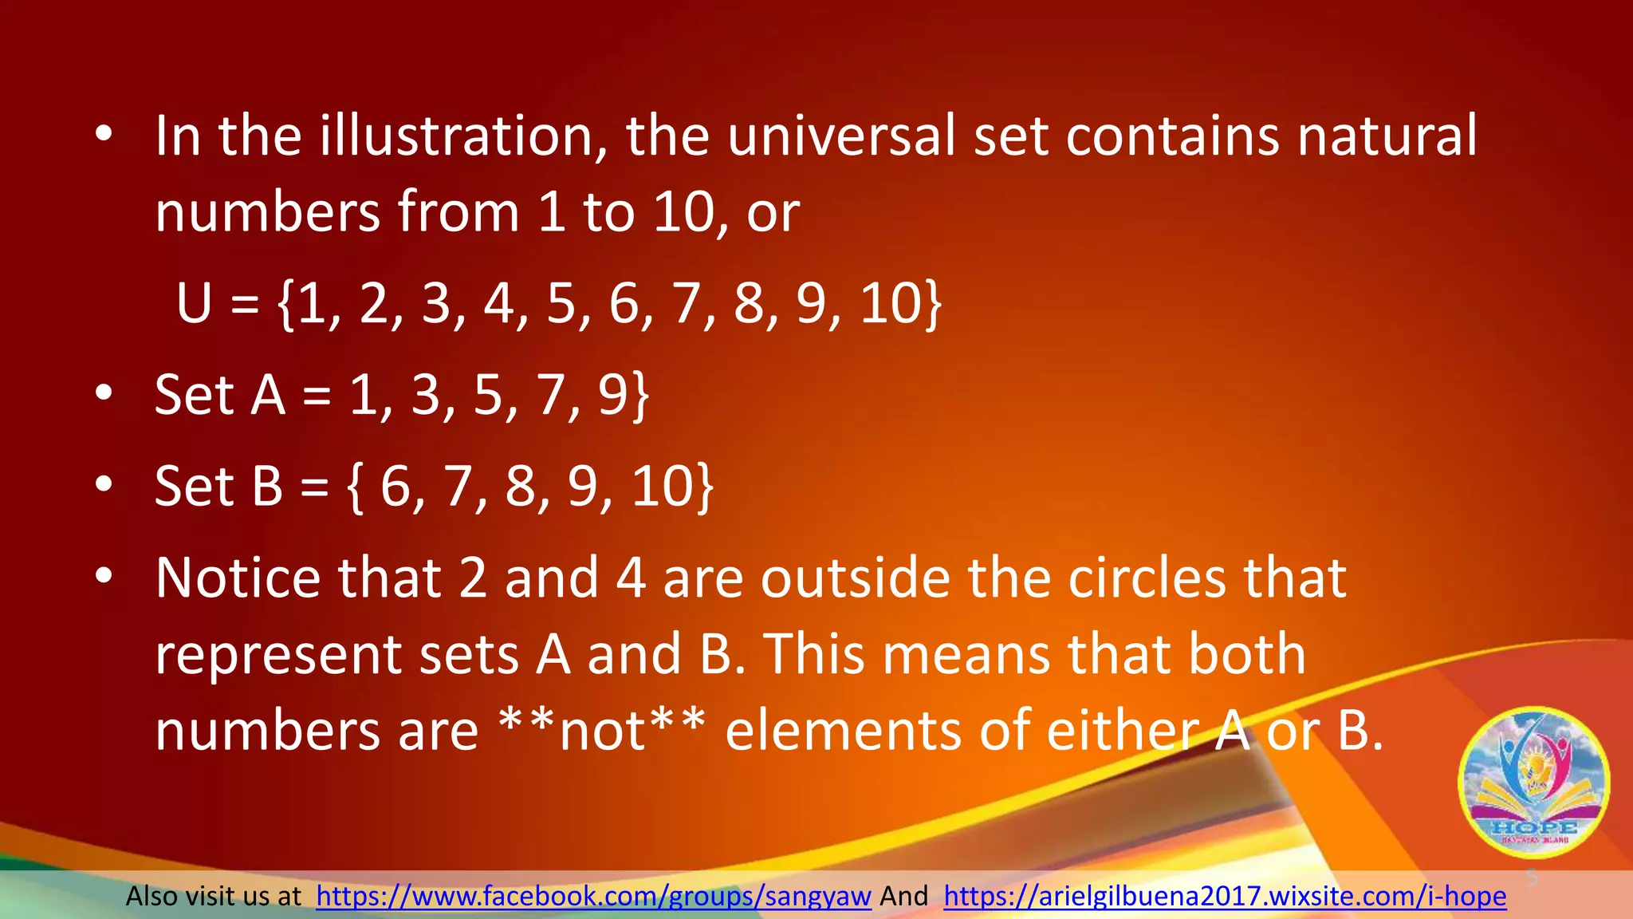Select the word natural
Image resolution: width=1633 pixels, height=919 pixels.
click(1387, 136)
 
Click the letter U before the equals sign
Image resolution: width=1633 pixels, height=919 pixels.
click(194, 304)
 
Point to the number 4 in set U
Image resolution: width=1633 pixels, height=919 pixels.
click(499, 304)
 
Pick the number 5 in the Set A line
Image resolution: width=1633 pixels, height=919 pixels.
click(488, 395)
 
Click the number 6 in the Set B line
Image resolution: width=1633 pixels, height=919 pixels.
click(395, 486)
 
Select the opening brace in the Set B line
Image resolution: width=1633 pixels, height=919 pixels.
click(355, 487)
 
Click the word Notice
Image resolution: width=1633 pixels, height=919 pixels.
click(238, 578)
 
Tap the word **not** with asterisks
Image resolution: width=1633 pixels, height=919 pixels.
click(601, 729)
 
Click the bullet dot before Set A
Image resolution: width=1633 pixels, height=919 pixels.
click(103, 394)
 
